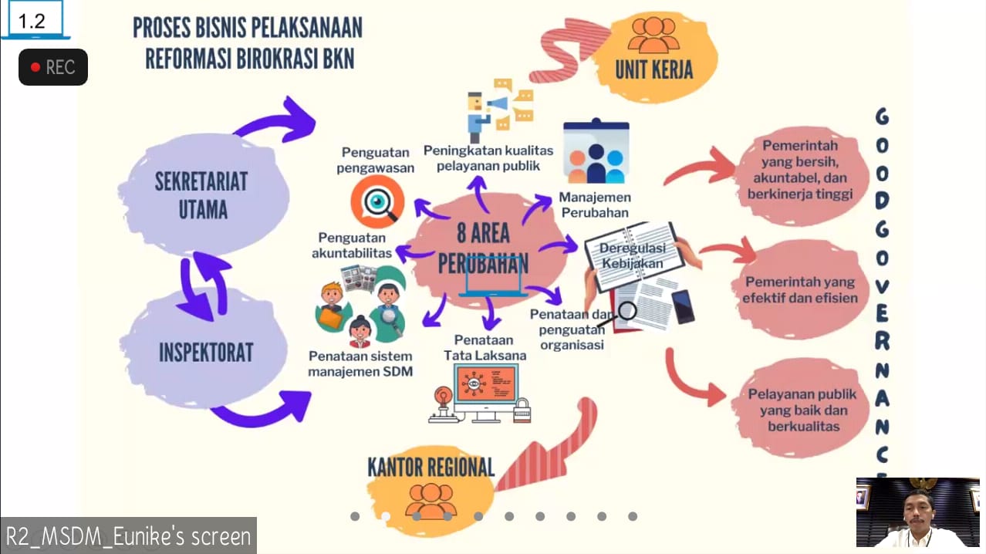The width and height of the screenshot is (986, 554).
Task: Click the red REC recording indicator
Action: (52, 67)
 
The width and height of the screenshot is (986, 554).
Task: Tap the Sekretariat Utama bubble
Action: (201, 194)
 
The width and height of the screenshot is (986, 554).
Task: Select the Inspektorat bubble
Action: (206, 353)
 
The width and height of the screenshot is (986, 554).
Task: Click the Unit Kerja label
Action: (653, 69)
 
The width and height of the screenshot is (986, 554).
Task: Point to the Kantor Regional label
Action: (431, 467)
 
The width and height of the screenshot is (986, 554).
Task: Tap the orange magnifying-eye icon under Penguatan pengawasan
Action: (377, 201)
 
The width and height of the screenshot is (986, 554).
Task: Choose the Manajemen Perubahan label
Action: (593, 205)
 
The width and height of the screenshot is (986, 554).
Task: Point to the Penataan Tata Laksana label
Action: (485, 347)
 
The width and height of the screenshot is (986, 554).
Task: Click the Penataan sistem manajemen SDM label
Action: (360, 364)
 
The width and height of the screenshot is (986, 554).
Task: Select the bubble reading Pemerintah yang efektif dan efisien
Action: (799, 290)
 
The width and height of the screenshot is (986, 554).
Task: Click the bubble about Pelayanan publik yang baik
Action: (802, 409)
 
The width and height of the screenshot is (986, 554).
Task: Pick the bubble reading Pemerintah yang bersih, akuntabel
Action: (799, 170)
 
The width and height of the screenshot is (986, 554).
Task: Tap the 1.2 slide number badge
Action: (32, 21)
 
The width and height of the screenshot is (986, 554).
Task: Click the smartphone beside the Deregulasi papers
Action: (683, 306)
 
